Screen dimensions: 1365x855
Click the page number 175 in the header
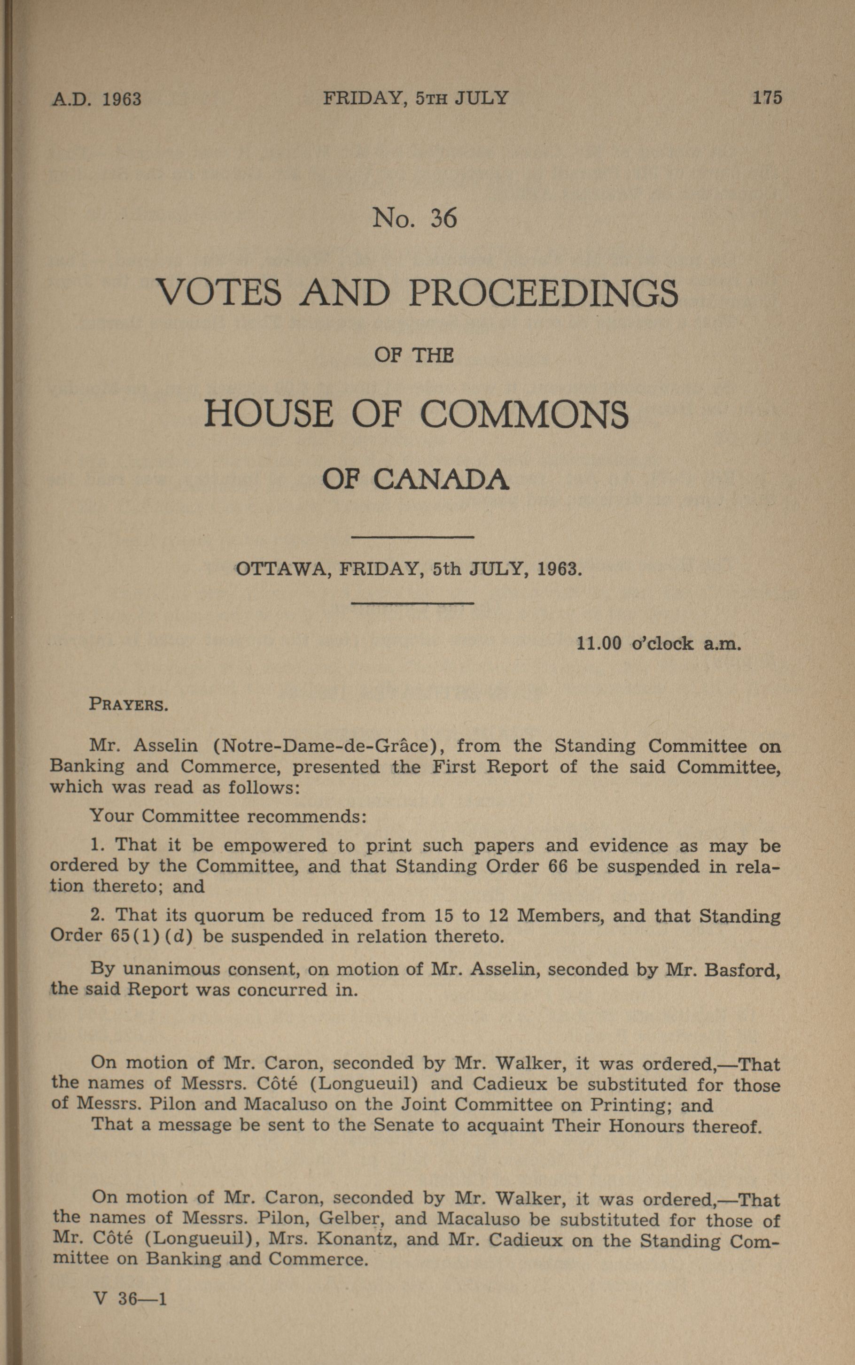pyautogui.click(x=767, y=98)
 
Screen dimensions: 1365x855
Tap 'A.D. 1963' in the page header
pyautogui.click(x=96, y=100)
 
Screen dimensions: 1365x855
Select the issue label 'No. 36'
pyautogui.click(x=414, y=218)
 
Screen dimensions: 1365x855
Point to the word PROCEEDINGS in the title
pyautogui.click(x=543, y=293)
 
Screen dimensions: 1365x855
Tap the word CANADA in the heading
pyautogui.click(x=441, y=480)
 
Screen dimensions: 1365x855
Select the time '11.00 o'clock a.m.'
pyautogui.click(x=658, y=643)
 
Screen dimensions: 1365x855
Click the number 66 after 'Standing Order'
pyautogui.click(x=558, y=866)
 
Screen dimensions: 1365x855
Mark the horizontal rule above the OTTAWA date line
pyautogui.click(x=412, y=536)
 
